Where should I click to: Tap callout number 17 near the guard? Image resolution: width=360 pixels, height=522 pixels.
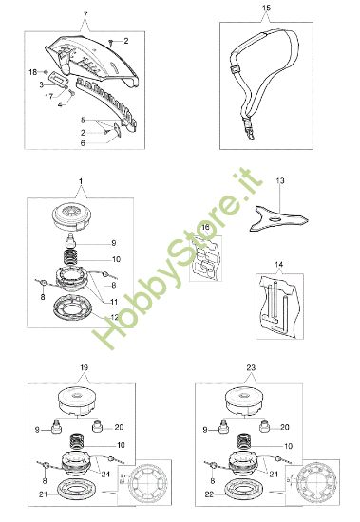[x=35, y=95]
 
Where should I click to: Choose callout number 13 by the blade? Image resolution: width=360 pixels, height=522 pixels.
[x=279, y=178]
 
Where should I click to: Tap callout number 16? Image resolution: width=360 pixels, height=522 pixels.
[x=206, y=230]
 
